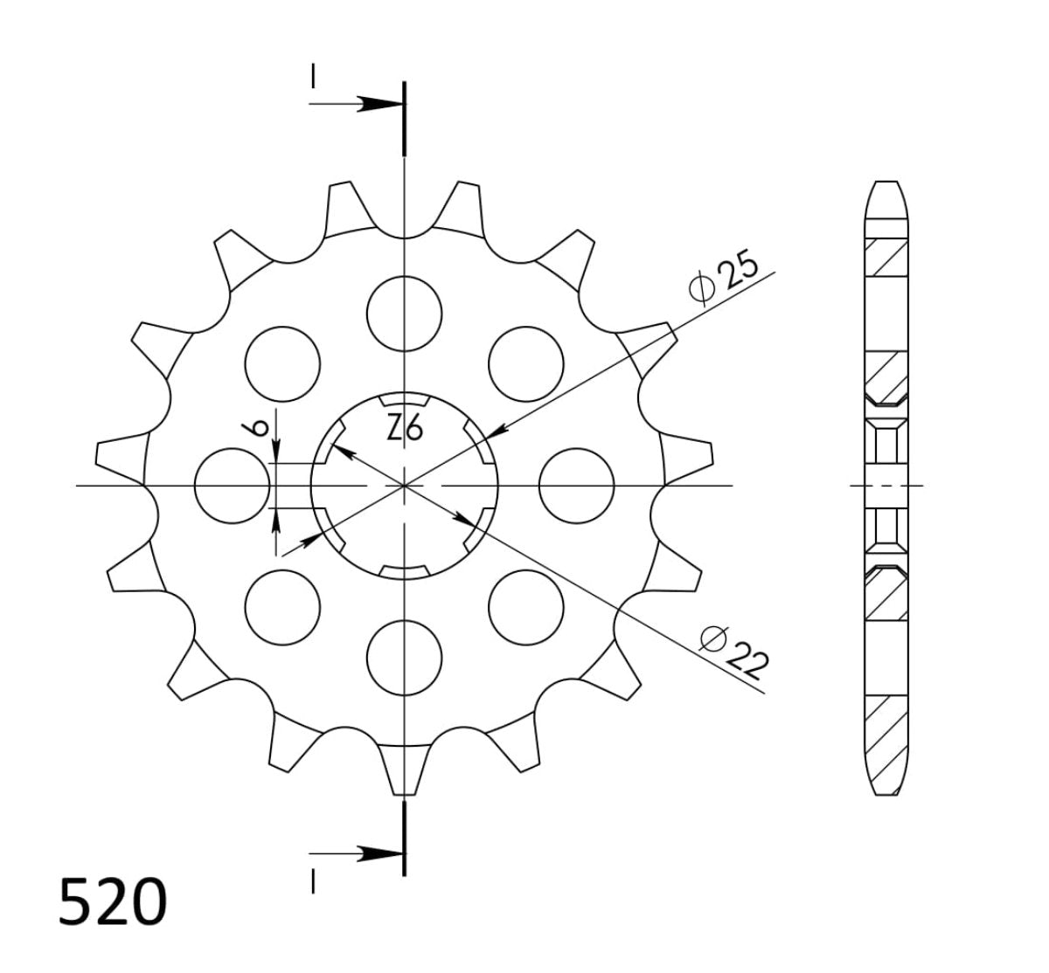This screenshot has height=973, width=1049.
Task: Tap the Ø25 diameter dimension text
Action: click(x=723, y=279)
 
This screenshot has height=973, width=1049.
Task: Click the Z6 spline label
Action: click(x=405, y=429)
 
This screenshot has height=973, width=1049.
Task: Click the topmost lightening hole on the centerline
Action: click(x=404, y=313)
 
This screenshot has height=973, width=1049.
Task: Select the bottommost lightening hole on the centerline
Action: click(x=404, y=657)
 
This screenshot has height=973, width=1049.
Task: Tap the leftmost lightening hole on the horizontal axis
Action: click(x=233, y=485)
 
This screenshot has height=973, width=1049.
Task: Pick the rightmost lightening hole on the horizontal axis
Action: click(x=577, y=485)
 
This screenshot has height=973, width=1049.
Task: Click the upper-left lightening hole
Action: click(x=282, y=363)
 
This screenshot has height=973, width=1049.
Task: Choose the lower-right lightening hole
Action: click(x=525, y=606)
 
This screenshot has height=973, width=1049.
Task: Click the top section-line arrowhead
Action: click(x=378, y=104)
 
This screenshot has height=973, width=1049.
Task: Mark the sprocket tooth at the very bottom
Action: click(x=404, y=769)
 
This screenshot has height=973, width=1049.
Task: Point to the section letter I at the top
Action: click(x=312, y=77)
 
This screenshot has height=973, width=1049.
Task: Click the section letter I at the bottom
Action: click(x=312, y=883)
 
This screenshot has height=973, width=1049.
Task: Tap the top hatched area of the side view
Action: click(x=886, y=257)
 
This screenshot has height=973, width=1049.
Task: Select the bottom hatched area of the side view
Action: click(x=886, y=730)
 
